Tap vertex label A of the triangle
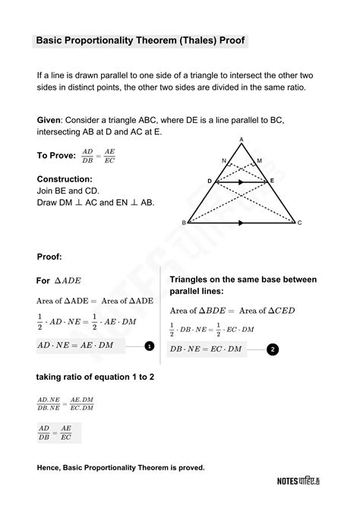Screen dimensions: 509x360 (241, 139)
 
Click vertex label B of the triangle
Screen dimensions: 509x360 (184, 223)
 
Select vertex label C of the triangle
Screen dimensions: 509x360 (300, 223)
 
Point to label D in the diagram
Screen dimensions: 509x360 (210, 182)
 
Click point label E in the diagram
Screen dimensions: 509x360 (273, 182)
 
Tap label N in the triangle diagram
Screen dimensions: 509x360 (223, 161)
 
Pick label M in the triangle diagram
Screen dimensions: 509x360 (259, 161)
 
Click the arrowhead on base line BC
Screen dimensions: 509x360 (241, 223)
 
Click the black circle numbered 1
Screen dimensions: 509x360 (150, 346)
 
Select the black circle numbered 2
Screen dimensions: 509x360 (273, 349)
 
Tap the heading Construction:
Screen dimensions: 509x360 (65, 179)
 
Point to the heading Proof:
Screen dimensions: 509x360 (49, 257)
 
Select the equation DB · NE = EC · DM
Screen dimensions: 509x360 (206, 349)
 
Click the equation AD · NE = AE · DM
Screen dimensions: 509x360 (75, 346)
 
